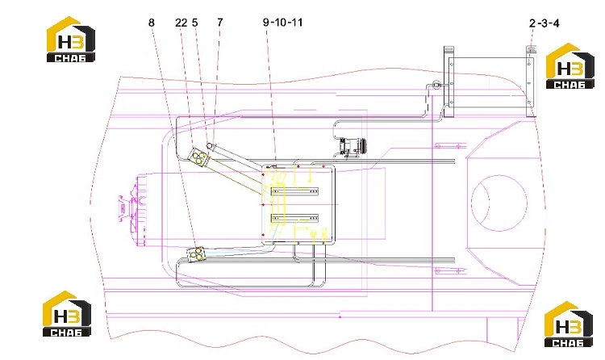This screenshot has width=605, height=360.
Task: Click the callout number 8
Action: click(x=152, y=23)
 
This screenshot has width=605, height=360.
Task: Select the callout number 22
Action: click(x=181, y=23)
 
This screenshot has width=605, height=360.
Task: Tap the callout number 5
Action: click(x=195, y=23)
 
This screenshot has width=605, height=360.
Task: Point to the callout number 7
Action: click(x=220, y=23)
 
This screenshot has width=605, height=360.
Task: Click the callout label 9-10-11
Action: click(x=283, y=23)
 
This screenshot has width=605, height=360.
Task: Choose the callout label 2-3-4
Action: click(x=544, y=23)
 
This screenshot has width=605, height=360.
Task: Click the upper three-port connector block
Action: click(x=198, y=157)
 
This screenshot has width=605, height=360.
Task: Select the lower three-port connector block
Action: click(x=196, y=253)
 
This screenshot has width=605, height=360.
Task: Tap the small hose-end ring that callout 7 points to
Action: click(x=210, y=145)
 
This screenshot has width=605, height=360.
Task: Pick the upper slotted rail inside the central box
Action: click(x=294, y=190)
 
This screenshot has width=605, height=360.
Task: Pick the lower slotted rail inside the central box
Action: click(x=294, y=218)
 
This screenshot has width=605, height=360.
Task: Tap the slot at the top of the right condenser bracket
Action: click(x=531, y=49)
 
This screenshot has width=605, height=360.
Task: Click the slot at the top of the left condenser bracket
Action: click(x=449, y=49)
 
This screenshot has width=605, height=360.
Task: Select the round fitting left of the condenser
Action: click(x=436, y=83)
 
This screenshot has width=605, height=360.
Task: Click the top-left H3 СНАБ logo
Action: click(x=71, y=39)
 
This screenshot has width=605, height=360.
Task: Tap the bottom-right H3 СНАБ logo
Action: click(x=569, y=324)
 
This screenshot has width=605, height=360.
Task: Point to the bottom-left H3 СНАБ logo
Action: click(x=67, y=313)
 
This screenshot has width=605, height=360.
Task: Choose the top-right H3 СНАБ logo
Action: click(x=570, y=65)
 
